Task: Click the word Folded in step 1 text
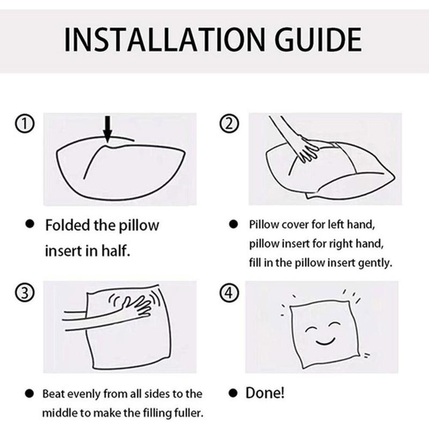(x=66, y=225)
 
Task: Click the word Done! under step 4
(x=265, y=393)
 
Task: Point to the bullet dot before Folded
(x=32, y=225)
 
